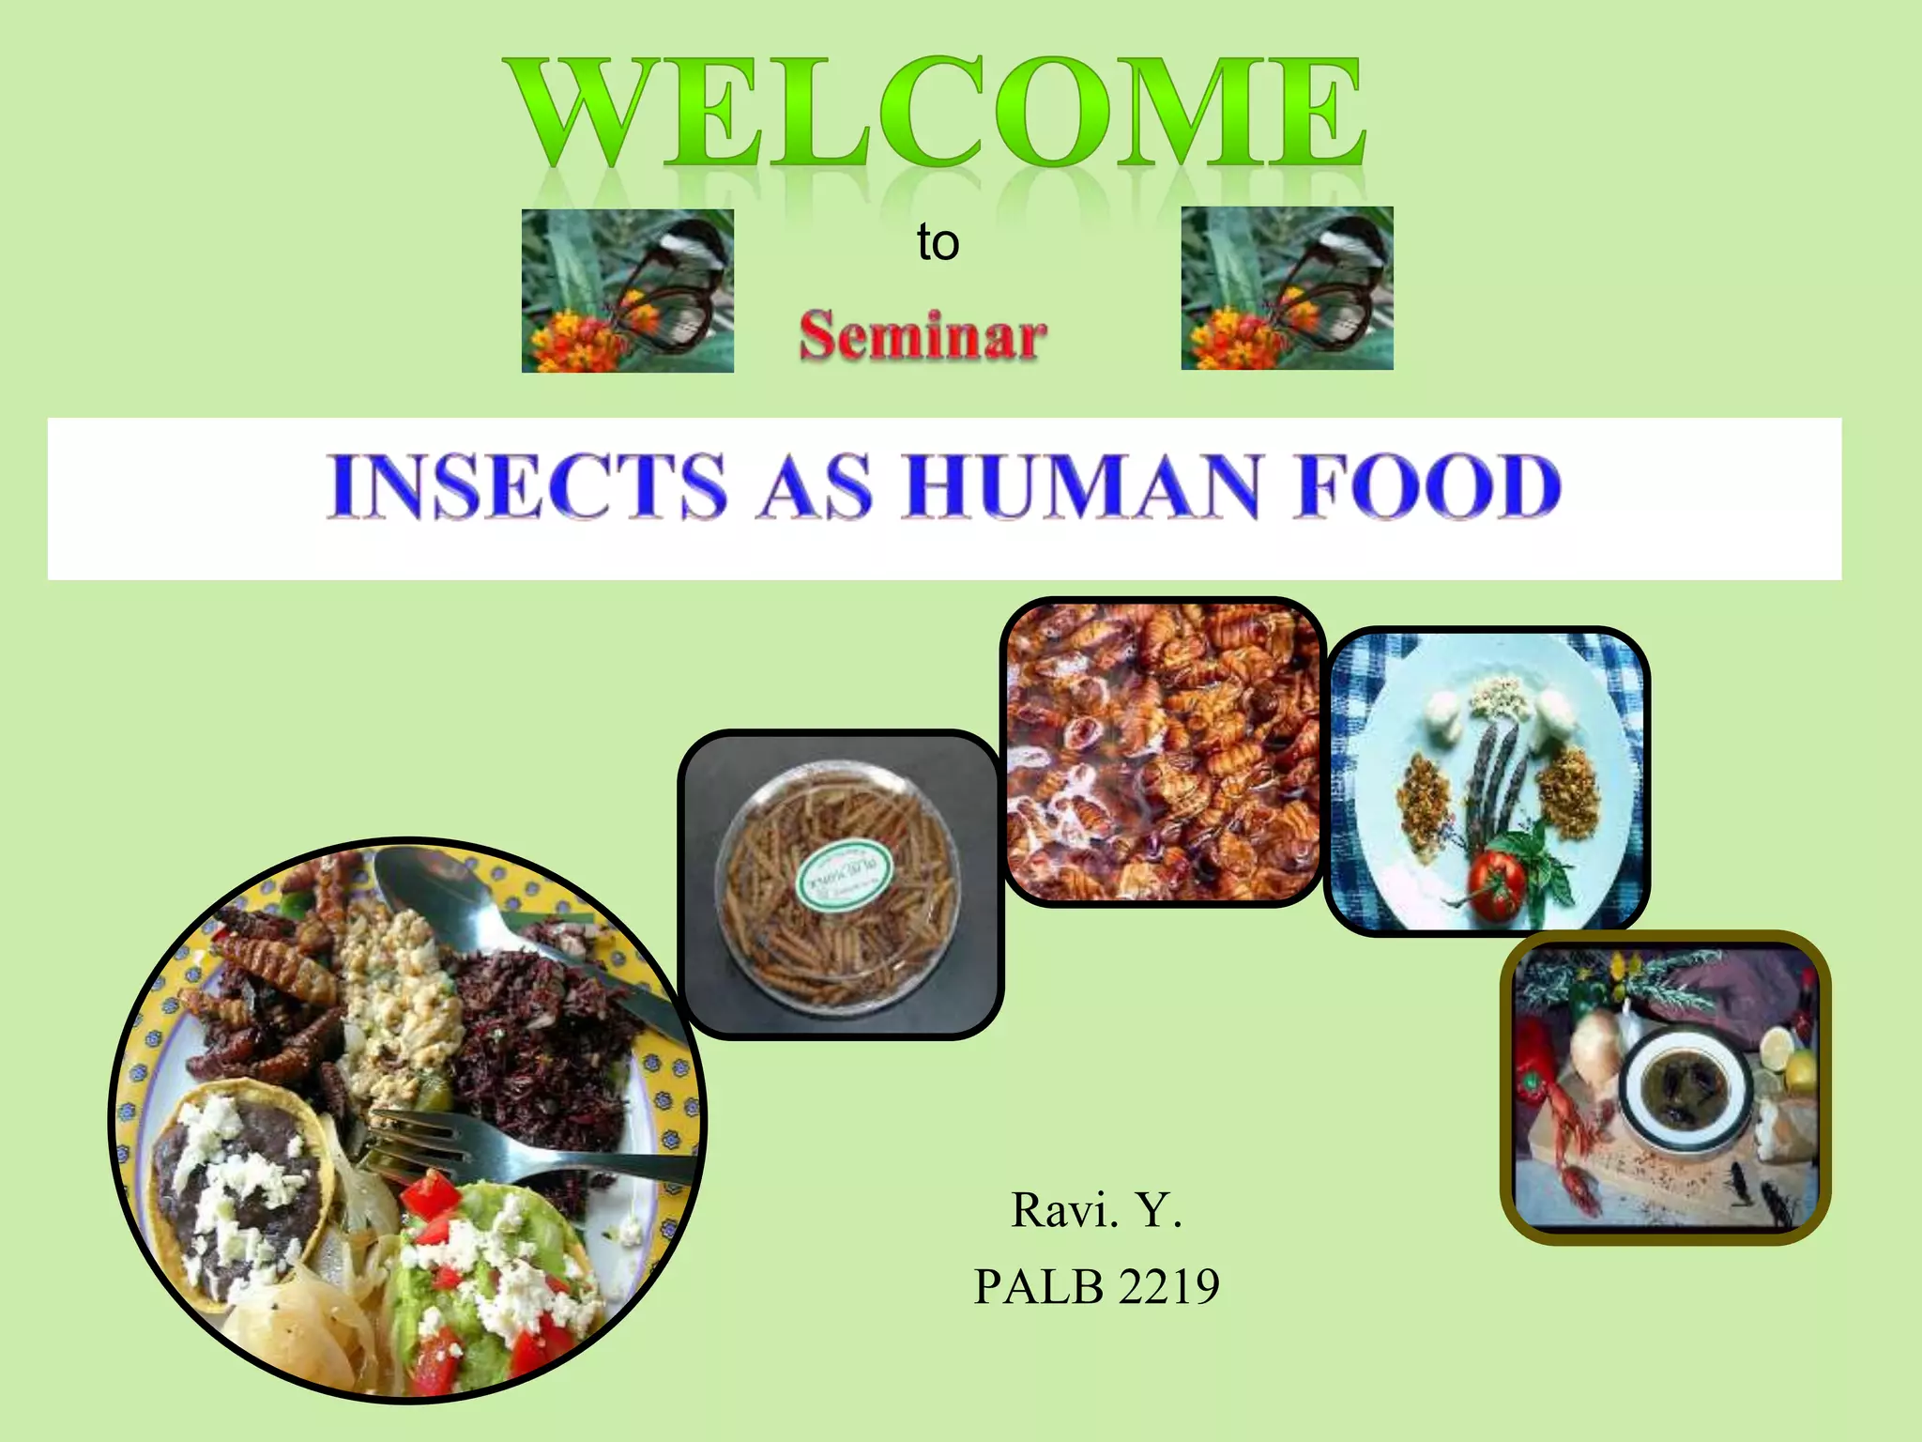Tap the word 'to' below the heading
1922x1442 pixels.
coord(938,243)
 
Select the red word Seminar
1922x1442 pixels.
coord(923,336)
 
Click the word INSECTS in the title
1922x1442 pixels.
coord(527,486)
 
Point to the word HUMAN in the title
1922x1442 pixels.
coord(1080,486)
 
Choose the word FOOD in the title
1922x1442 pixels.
coord(1426,486)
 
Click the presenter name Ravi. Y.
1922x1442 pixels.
coord(1096,1211)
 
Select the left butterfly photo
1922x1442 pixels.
coord(627,291)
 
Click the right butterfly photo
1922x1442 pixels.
coord(1287,288)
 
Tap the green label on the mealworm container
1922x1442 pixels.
coord(842,875)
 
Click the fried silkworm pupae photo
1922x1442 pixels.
coord(1163,752)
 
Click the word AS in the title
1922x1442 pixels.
coord(815,486)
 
